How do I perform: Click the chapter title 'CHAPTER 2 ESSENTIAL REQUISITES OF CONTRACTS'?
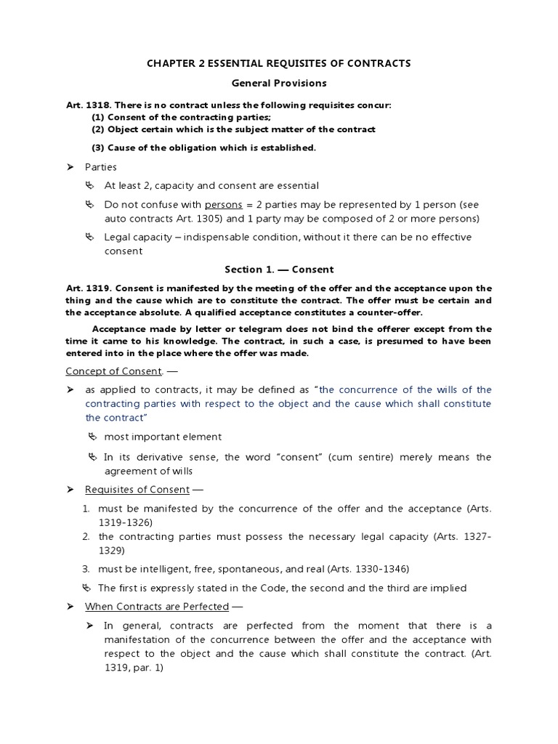click(x=279, y=64)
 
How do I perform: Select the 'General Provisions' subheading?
click(x=279, y=84)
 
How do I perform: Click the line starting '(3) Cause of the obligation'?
click(x=203, y=148)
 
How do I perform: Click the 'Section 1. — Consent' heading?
click(x=279, y=270)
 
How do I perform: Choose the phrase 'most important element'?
click(x=163, y=437)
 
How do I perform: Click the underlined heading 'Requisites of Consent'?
click(x=137, y=490)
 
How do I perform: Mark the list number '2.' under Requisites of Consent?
click(x=86, y=537)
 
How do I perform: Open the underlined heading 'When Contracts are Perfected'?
click(x=156, y=606)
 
